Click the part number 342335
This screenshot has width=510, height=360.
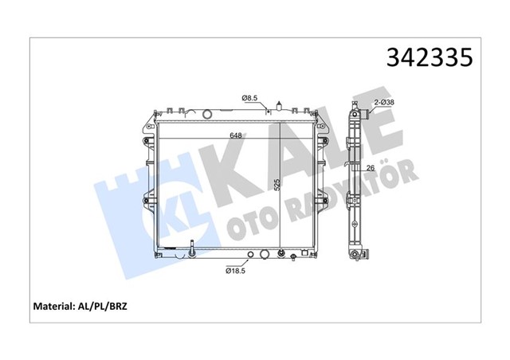point(430,57)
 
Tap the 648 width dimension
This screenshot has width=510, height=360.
point(237,135)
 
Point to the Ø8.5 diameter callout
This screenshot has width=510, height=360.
point(250,98)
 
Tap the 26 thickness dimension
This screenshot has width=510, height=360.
point(370,168)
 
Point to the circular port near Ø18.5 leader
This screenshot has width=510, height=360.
point(252,256)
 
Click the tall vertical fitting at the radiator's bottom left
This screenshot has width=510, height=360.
point(192,251)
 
